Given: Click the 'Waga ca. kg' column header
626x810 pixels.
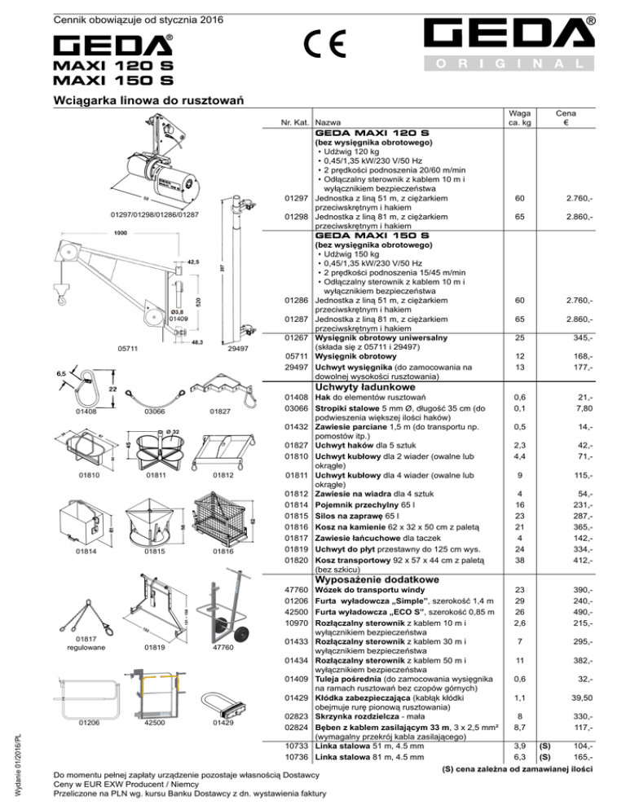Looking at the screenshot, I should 514,121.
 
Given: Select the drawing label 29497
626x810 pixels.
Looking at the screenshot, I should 238,348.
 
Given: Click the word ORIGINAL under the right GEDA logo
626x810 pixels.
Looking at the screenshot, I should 518,63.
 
